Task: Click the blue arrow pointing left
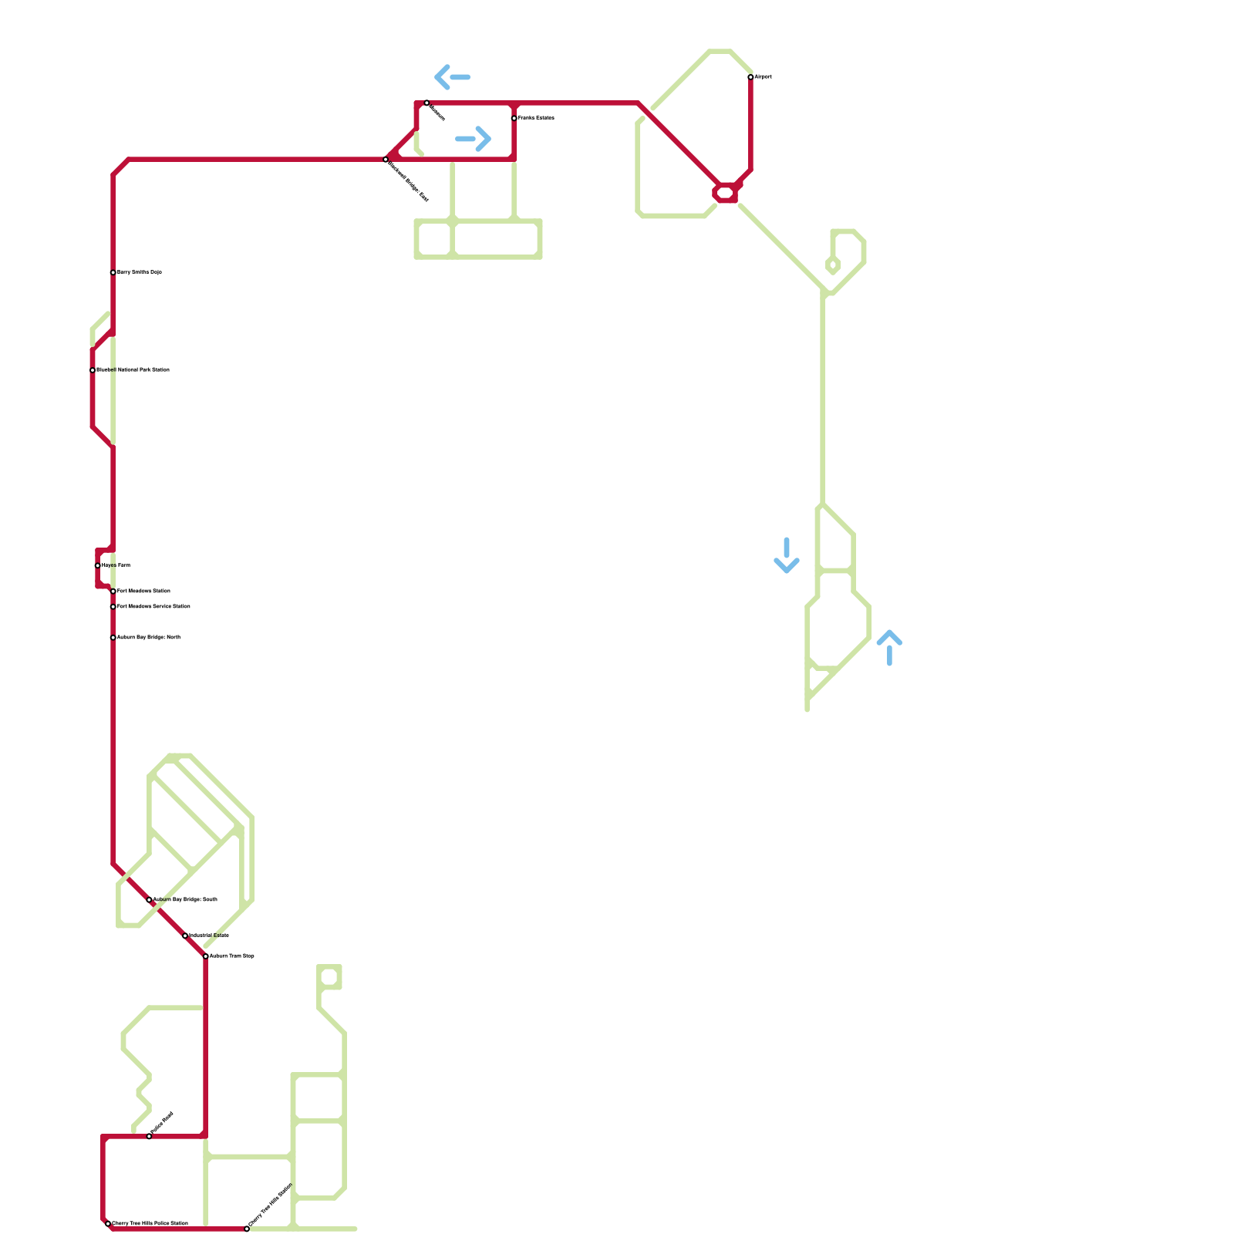coord(452,77)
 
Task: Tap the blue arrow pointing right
coord(474,139)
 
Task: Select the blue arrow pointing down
coord(787,556)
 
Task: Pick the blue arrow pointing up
coord(889,647)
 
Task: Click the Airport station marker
coord(750,77)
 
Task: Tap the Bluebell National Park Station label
coord(133,370)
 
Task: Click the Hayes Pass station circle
coord(98,565)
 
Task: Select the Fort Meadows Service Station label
coord(153,607)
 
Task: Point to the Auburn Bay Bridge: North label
coord(149,638)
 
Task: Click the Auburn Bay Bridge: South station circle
coord(149,900)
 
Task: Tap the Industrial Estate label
coord(209,936)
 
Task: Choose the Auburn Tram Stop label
coord(232,956)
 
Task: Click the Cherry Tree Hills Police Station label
coord(150,1224)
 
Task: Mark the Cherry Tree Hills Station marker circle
coord(247,1229)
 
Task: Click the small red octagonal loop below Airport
coord(726,193)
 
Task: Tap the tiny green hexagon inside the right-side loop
coord(833,265)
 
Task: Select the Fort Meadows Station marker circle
coord(113,592)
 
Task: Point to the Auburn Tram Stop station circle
coord(206,956)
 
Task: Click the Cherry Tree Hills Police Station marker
coord(108,1224)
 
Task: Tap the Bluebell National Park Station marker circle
coord(93,370)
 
